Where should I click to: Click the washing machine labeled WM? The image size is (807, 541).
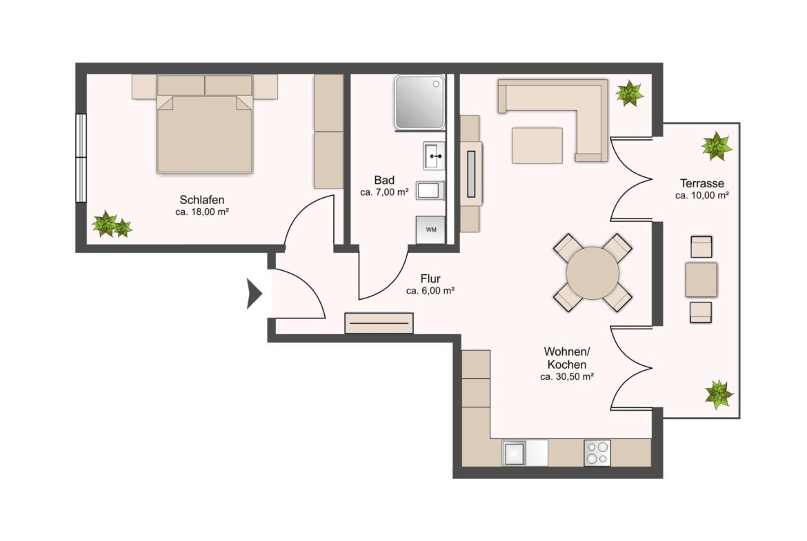(x=430, y=229)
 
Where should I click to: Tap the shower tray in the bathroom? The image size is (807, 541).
(x=419, y=102)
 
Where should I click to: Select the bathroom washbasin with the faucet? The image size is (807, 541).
(x=434, y=156)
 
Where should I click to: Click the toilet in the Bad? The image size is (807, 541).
(x=430, y=190)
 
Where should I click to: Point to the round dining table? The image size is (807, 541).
(x=592, y=272)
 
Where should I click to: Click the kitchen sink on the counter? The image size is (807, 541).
(x=514, y=453)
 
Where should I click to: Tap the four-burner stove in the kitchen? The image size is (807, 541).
(x=597, y=453)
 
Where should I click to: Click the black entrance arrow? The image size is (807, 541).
(x=254, y=294)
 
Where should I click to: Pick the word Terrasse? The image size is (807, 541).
(x=701, y=183)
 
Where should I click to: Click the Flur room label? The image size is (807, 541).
(x=430, y=278)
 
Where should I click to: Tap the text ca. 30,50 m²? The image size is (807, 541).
(x=567, y=376)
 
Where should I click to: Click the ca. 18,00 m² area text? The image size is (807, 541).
(x=201, y=212)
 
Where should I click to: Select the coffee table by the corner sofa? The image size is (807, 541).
(x=537, y=145)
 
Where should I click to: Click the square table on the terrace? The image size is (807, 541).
(x=701, y=280)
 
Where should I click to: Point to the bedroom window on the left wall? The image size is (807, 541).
(x=81, y=157)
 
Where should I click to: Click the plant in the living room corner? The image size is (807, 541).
(x=630, y=94)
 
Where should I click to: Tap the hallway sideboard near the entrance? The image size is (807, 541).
(x=379, y=323)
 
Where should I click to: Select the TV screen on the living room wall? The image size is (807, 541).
(x=471, y=174)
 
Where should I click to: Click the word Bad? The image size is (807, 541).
(x=384, y=180)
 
